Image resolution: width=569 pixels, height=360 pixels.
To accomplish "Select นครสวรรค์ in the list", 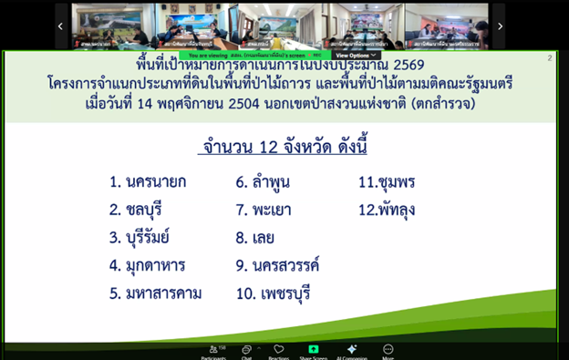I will coord(290,266).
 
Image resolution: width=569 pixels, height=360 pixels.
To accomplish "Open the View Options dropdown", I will coord(356,56).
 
